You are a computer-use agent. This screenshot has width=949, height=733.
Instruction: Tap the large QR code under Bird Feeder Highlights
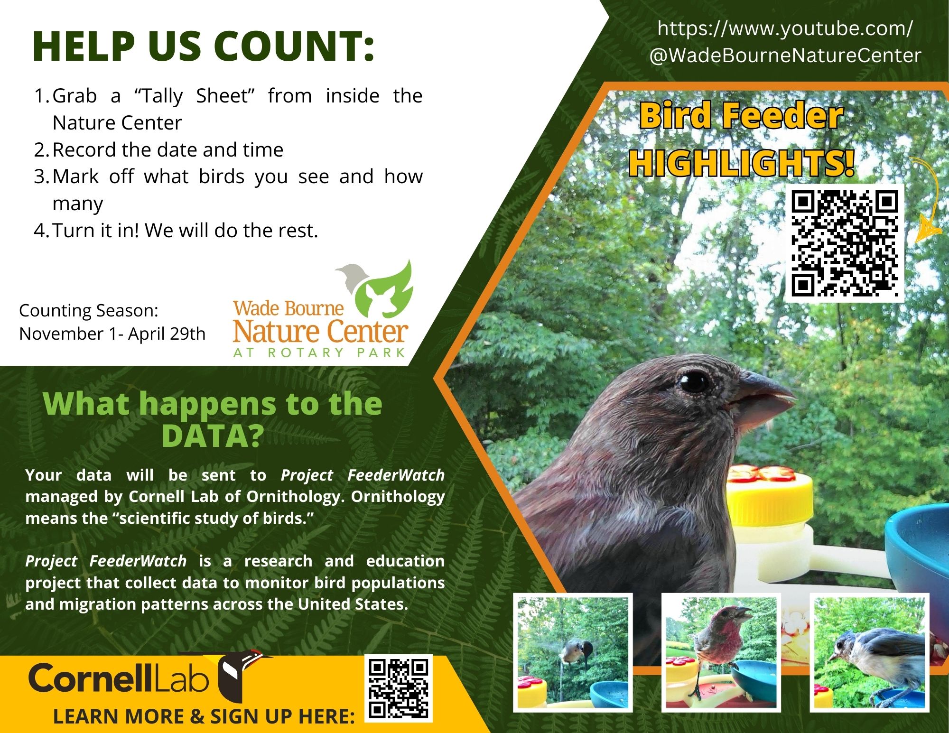tap(845, 243)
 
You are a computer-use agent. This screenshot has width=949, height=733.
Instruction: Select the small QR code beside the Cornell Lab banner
tap(399, 688)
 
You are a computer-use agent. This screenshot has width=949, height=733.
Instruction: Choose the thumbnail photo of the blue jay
tap(869, 652)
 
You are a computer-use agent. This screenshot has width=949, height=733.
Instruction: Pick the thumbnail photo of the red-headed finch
tap(721, 652)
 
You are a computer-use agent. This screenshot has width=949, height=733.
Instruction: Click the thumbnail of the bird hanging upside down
tap(573, 652)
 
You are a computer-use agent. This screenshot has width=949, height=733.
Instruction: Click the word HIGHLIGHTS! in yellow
tap(741, 163)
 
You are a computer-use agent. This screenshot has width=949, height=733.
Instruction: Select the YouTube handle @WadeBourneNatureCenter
tap(785, 56)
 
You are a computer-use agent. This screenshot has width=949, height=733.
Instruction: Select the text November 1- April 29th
tap(112, 334)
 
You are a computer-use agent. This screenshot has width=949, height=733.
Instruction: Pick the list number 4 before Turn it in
tap(40, 231)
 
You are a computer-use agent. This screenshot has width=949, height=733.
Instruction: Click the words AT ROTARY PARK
tap(319, 353)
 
